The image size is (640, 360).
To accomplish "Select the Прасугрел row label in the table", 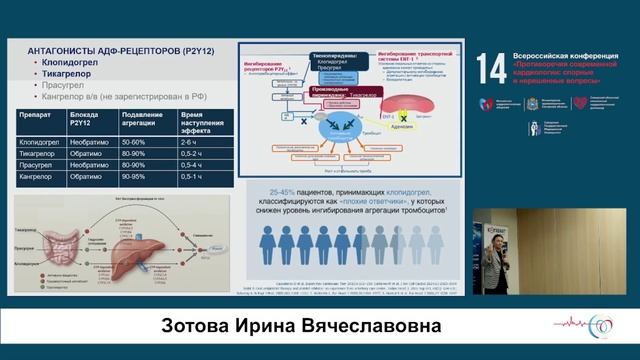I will pos(37,166).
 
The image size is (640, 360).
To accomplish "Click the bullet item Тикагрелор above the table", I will pos(68,74).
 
